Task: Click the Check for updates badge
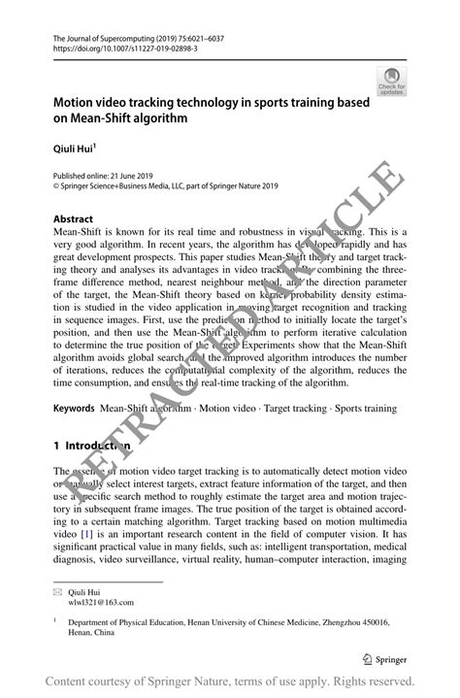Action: pos(391,81)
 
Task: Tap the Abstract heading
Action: pos(74,218)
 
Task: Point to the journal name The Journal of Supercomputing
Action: pos(109,35)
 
